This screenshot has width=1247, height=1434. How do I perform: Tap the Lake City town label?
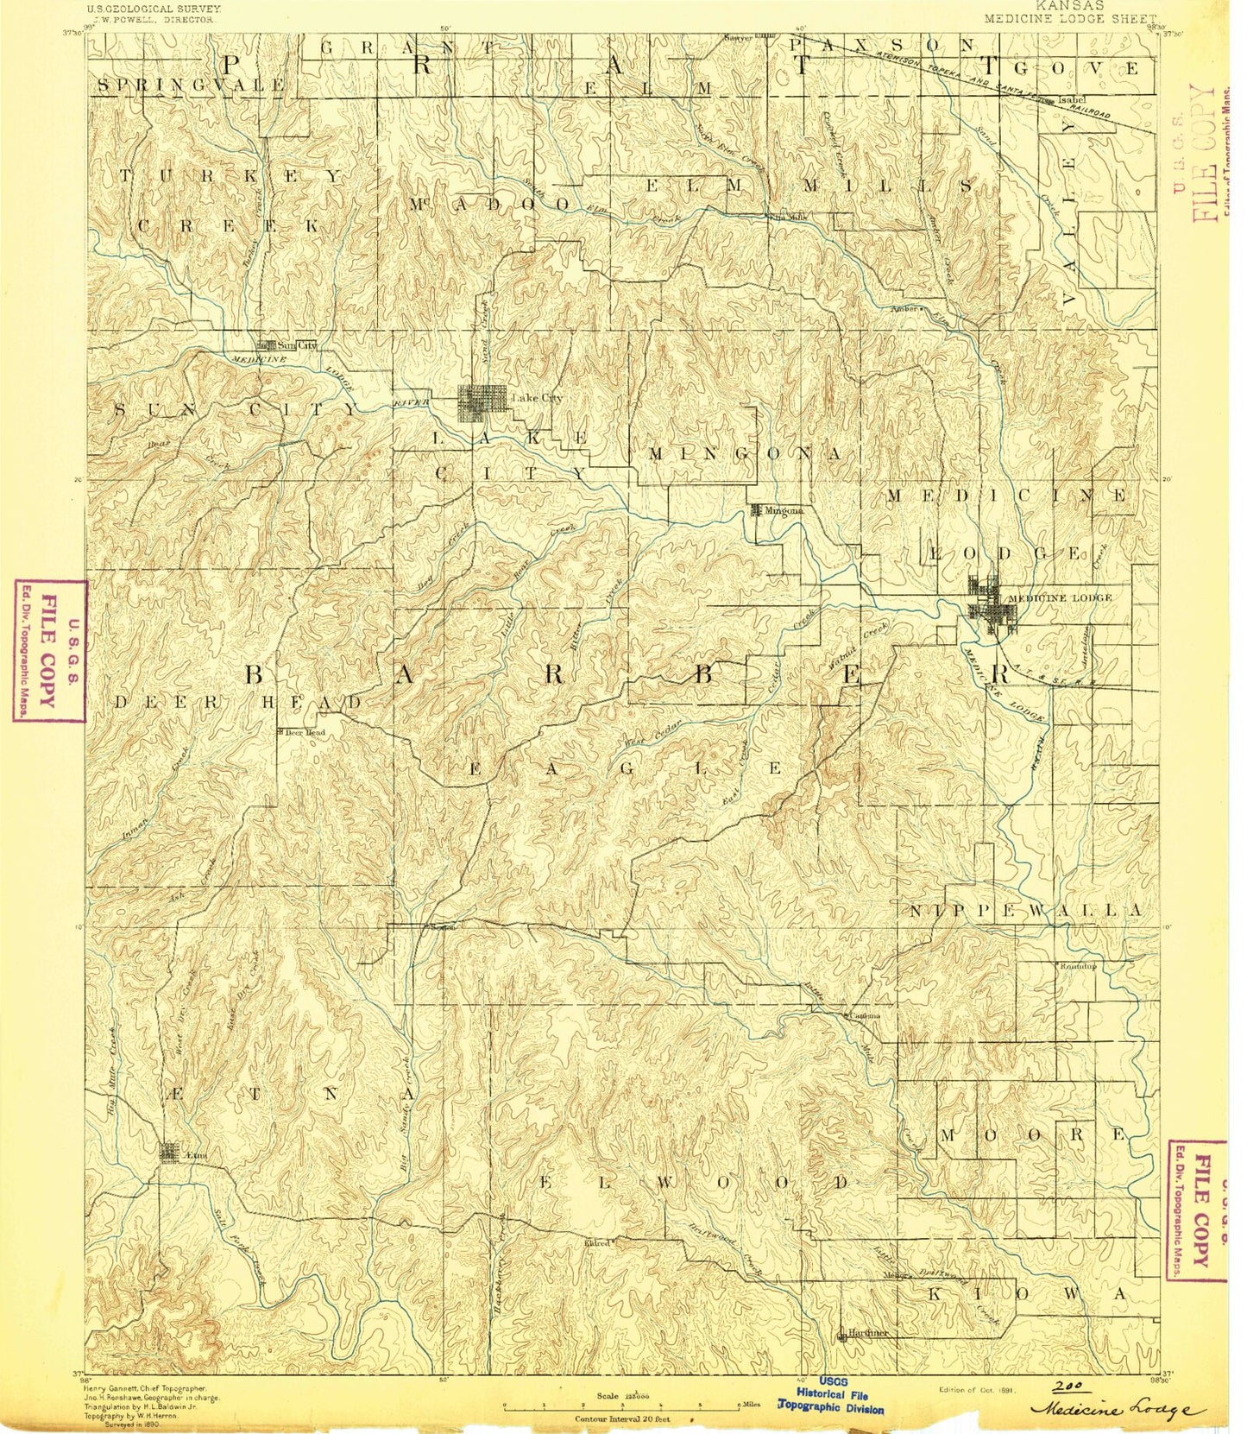coord(537,398)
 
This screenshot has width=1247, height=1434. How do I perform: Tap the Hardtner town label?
coord(867,1332)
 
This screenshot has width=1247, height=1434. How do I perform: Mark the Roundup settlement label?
coord(1078,966)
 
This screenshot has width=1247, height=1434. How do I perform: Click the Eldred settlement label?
coord(597,1242)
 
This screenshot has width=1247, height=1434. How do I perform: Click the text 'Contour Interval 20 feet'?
coord(627,1418)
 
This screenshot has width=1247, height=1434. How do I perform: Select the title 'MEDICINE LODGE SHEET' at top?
coord(1069,18)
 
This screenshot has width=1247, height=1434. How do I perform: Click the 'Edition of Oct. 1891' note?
coord(977,1391)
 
